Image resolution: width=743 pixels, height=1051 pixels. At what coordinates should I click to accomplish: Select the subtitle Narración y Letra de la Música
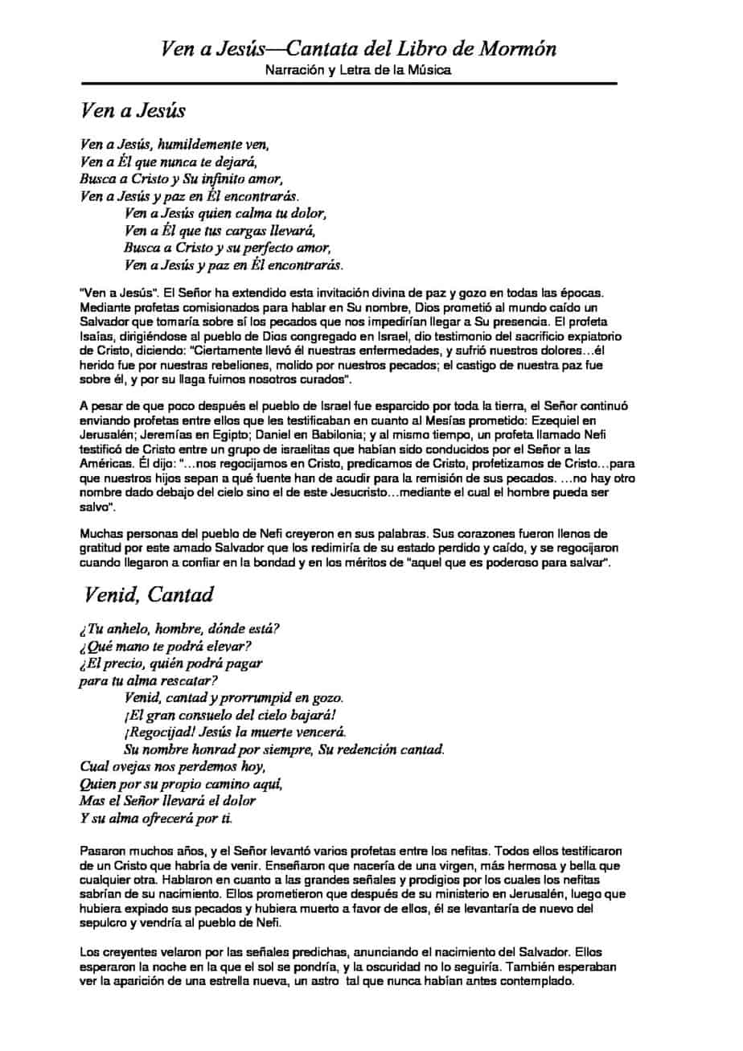(358, 70)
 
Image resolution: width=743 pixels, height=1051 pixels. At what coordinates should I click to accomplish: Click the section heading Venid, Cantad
(150, 595)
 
